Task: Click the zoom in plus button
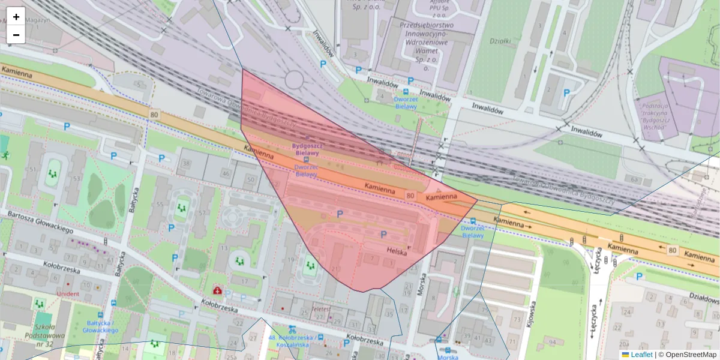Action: [16, 17]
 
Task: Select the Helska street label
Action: [397, 252]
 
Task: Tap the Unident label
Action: [68, 294]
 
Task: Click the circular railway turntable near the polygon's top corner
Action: [295, 79]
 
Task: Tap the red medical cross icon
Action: [217, 290]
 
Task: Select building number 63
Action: [634, 178]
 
